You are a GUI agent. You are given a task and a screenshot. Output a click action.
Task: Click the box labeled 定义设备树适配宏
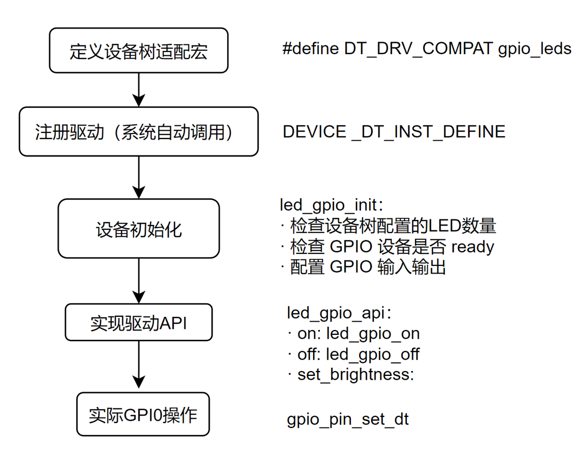pos(139,50)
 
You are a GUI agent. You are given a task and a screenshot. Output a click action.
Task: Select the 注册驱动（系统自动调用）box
pos(139,131)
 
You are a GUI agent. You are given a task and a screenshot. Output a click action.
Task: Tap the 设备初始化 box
pos(139,228)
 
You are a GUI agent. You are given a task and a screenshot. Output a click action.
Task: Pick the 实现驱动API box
pos(139,322)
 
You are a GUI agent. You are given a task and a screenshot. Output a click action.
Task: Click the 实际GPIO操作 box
pos(142,414)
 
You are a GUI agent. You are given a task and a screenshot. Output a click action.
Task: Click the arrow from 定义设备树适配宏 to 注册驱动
pos(139,90)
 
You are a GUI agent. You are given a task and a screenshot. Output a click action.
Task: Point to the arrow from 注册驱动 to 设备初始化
pos(139,177)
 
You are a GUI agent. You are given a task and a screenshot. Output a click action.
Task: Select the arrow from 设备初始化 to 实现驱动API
pos(139,281)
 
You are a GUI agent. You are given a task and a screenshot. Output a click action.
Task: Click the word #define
pos(310,48)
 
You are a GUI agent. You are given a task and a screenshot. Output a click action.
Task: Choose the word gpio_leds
pos(534,50)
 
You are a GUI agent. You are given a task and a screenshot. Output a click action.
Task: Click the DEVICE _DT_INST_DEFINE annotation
pos(394,132)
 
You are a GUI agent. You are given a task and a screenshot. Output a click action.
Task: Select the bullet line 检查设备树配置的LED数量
pos(389,225)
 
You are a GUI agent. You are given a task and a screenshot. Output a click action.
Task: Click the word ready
pos(473,247)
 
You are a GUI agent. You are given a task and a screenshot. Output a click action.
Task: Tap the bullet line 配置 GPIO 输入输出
pos(364,267)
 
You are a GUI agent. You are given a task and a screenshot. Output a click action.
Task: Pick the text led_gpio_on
pos(373,334)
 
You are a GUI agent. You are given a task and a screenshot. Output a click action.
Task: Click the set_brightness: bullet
pos(352,375)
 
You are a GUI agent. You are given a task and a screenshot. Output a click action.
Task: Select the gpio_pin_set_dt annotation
pos(348,420)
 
